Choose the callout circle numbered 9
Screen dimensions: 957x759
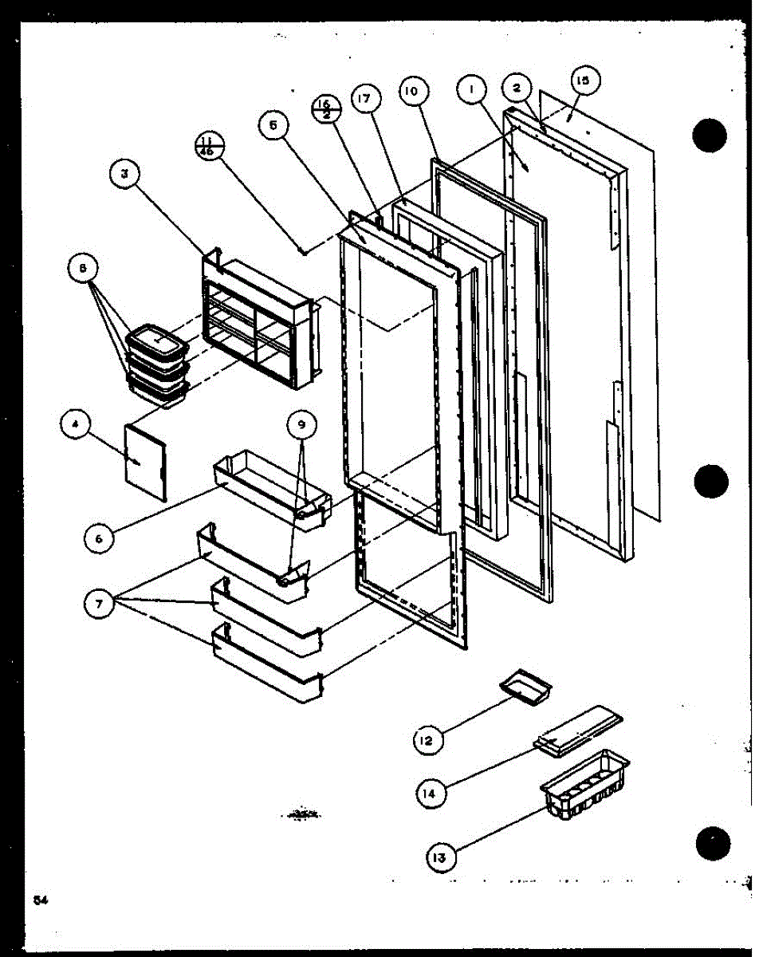[x=301, y=425]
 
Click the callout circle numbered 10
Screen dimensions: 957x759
[x=411, y=92]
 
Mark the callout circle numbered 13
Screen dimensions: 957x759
[x=441, y=857]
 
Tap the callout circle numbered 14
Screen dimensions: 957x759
[x=431, y=793]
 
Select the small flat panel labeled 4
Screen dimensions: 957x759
[x=146, y=463]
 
